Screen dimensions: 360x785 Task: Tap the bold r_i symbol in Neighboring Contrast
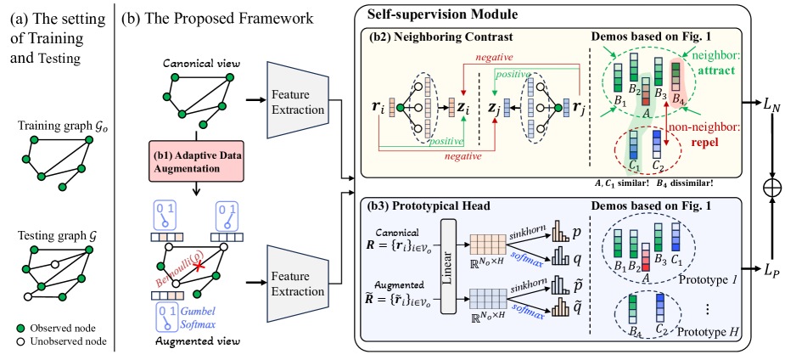[x=376, y=109]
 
